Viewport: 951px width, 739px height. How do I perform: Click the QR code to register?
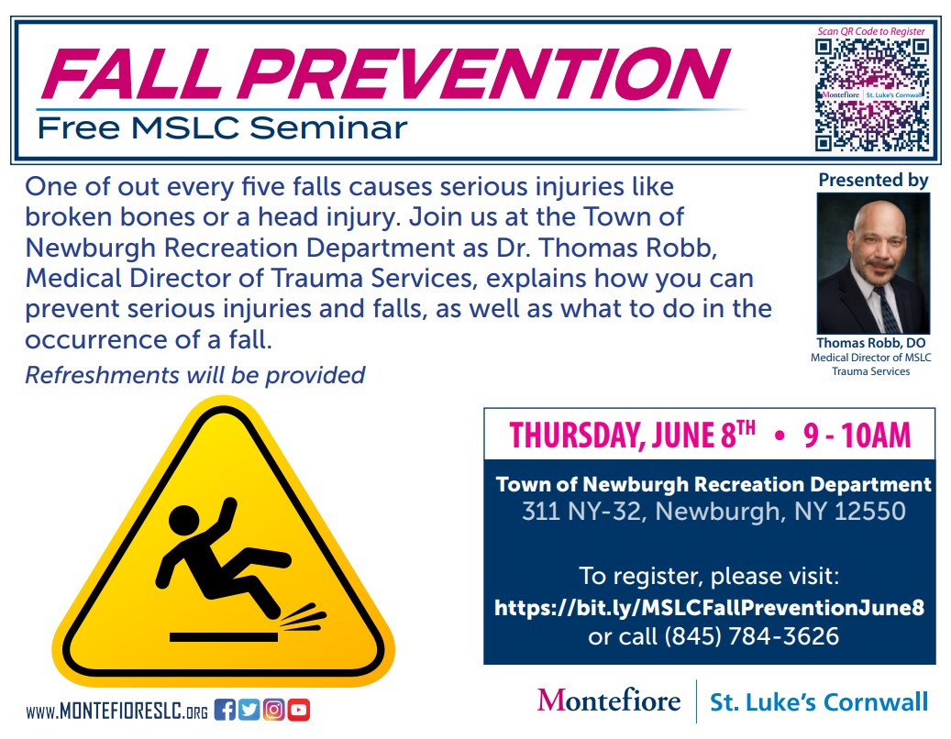[x=871, y=94]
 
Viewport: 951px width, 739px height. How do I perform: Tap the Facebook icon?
[x=225, y=710]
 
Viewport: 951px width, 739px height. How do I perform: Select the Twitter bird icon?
[x=249, y=710]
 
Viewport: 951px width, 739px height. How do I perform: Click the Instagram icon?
[x=273, y=710]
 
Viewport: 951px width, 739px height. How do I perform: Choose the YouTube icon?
[x=298, y=710]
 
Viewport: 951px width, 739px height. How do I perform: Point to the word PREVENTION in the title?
[x=485, y=73]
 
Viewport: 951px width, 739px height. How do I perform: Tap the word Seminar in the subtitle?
[x=328, y=128]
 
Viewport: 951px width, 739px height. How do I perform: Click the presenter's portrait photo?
[x=873, y=263]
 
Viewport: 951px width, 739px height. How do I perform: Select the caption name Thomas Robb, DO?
[x=871, y=343]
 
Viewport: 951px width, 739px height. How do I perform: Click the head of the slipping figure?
[x=183, y=520]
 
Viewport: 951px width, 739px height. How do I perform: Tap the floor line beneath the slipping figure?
[x=223, y=637]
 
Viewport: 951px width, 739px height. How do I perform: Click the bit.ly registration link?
[x=709, y=608]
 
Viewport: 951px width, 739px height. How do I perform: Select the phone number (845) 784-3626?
[x=751, y=636]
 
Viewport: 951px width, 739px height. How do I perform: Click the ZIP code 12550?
[x=869, y=511]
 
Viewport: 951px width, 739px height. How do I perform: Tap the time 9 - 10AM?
[x=857, y=436]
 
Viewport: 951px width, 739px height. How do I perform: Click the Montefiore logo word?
[x=608, y=700]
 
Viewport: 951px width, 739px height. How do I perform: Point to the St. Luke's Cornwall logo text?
[x=819, y=702]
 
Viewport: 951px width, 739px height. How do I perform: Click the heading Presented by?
[x=873, y=180]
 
